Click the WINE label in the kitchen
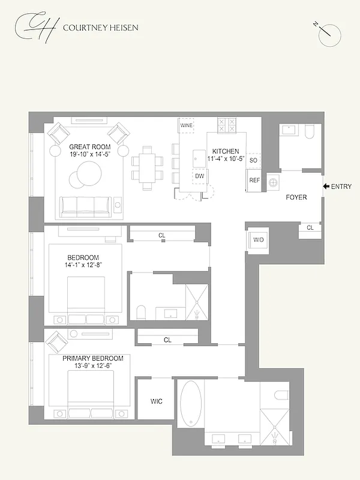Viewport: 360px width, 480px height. coord(186,126)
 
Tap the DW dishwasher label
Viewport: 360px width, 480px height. coord(200,176)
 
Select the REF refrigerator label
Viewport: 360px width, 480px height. coord(254,180)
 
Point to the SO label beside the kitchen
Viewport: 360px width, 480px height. coord(253,161)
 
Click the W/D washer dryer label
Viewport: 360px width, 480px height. coord(259,240)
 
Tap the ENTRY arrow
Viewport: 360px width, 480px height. coord(326,187)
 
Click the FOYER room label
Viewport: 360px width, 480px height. coord(296,197)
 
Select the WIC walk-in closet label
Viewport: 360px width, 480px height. coord(156,401)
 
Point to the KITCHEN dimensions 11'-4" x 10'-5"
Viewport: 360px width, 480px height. coord(225,159)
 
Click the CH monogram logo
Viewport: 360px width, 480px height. coord(37,26)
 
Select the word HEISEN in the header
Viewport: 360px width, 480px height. coord(122,28)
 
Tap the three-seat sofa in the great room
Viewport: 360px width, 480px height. coord(85,206)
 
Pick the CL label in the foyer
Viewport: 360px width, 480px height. coord(310,227)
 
